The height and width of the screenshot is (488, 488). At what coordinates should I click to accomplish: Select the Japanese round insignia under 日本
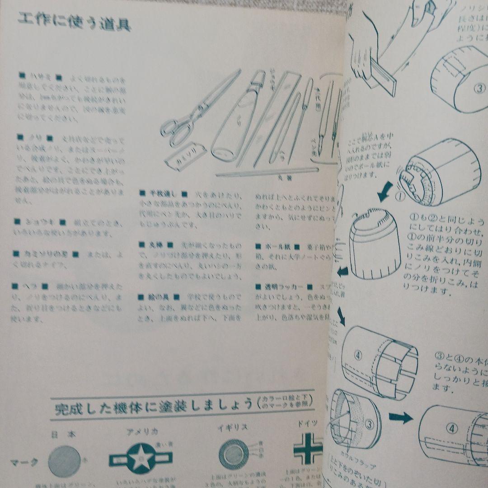(64, 461)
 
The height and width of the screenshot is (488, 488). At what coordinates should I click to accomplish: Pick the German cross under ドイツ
(307, 449)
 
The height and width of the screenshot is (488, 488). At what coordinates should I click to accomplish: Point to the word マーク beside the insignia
(25, 462)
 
